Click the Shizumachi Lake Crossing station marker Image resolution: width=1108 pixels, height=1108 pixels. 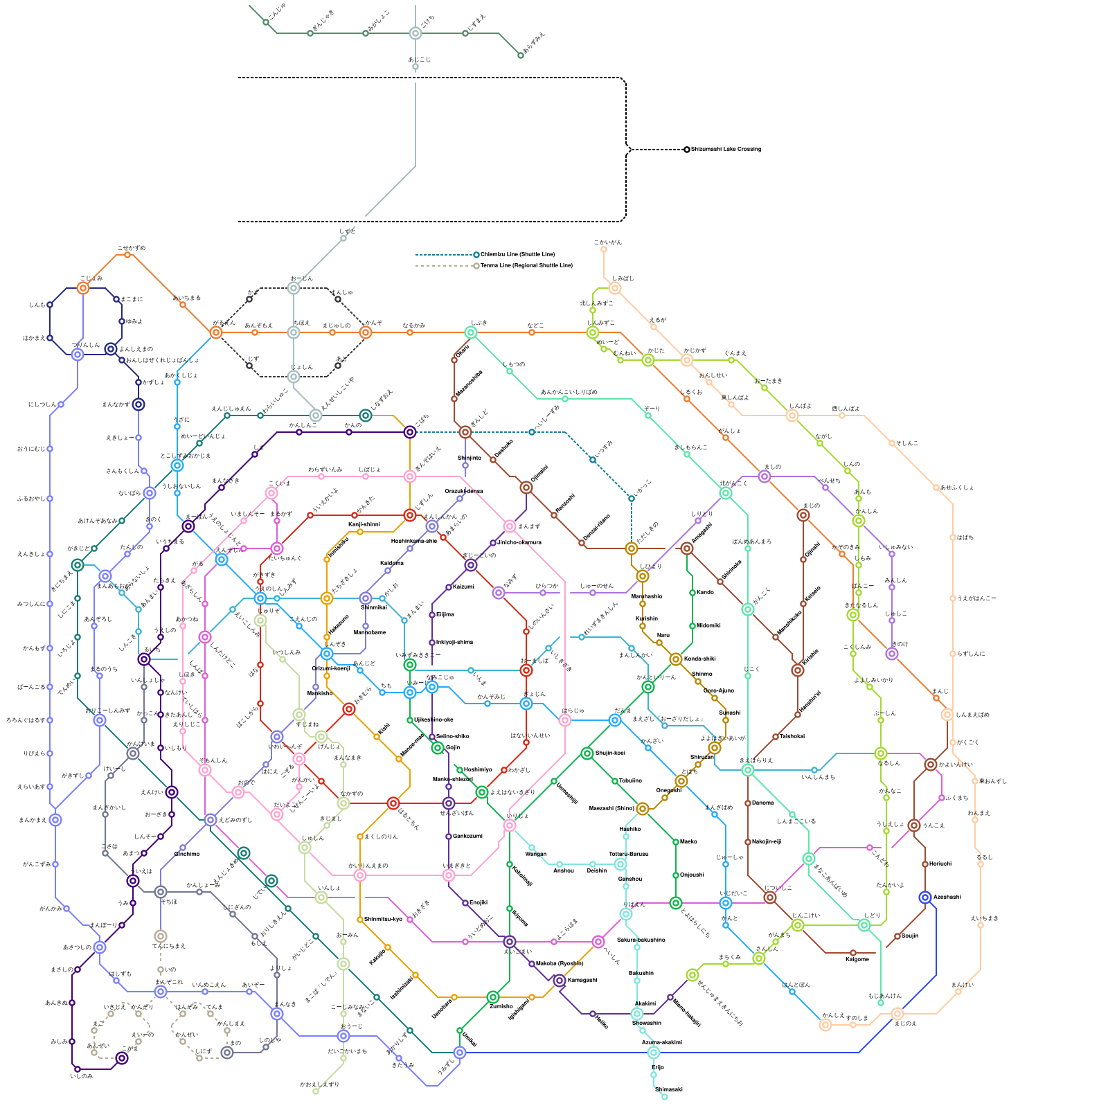click(687, 150)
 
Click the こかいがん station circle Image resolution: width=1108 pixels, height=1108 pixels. click(604, 249)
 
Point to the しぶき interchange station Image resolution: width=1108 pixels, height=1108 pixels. click(471, 332)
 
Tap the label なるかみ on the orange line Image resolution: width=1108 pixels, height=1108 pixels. click(414, 325)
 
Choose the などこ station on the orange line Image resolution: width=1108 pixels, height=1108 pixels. click(532, 332)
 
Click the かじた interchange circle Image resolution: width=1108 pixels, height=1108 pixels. click(648, 360)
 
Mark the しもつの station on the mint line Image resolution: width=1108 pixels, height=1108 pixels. click(510, 371)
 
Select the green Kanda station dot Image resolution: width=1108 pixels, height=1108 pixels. click(692, 593)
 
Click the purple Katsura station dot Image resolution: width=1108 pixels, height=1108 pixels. click(449, 587)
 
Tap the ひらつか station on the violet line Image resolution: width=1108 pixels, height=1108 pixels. click(543, 593)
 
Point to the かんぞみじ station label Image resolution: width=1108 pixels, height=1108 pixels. click(491, 697)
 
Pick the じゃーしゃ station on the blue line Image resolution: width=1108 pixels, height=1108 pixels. click(726, 864)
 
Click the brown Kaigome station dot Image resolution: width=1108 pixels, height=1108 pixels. click(853, 953)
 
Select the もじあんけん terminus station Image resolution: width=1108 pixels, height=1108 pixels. click(881, 1003)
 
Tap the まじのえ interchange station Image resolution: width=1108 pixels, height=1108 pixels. click(897, 1014)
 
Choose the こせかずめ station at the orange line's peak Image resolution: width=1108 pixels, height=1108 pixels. click(127, 255)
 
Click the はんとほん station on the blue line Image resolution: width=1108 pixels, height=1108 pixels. click(792, 992)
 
